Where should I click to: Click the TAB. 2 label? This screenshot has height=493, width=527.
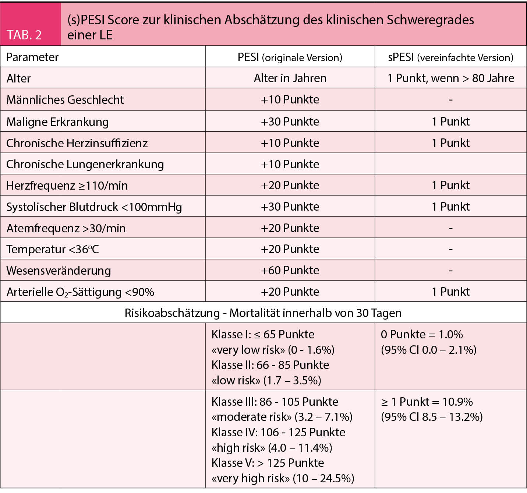pos(24,35)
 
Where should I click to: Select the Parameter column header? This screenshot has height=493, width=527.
pos(32,57)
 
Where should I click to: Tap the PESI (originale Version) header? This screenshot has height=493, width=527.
pos(290,57)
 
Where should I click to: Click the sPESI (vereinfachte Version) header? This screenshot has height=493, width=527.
pos(450,57)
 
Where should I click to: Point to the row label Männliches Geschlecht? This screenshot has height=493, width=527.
pos(65,99)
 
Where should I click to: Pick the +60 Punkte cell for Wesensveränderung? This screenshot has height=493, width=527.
pos(290,270)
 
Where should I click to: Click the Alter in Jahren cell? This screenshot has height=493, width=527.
pos(290,78)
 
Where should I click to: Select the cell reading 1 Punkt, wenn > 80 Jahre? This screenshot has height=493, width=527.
pos(450,78)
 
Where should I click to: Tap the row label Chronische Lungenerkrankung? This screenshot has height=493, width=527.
pos(85,164)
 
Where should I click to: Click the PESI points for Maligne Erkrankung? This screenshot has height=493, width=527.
pos(290,122)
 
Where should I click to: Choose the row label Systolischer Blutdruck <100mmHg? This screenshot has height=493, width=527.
pos(94,207)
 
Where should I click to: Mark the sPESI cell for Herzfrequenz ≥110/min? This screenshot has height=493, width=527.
pos(450,185)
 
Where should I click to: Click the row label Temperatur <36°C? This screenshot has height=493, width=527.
pos(53,249)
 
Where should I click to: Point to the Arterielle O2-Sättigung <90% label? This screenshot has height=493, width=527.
pos(80,292)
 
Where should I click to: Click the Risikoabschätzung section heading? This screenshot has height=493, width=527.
pos(263,313)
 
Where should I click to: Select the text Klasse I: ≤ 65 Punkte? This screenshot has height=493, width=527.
pos(263,334)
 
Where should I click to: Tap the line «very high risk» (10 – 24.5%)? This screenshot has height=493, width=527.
pos(283,478)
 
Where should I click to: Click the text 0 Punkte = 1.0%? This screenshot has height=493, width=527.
pos(422,334)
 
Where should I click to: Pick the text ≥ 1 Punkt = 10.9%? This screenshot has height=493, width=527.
pos(427,401)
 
